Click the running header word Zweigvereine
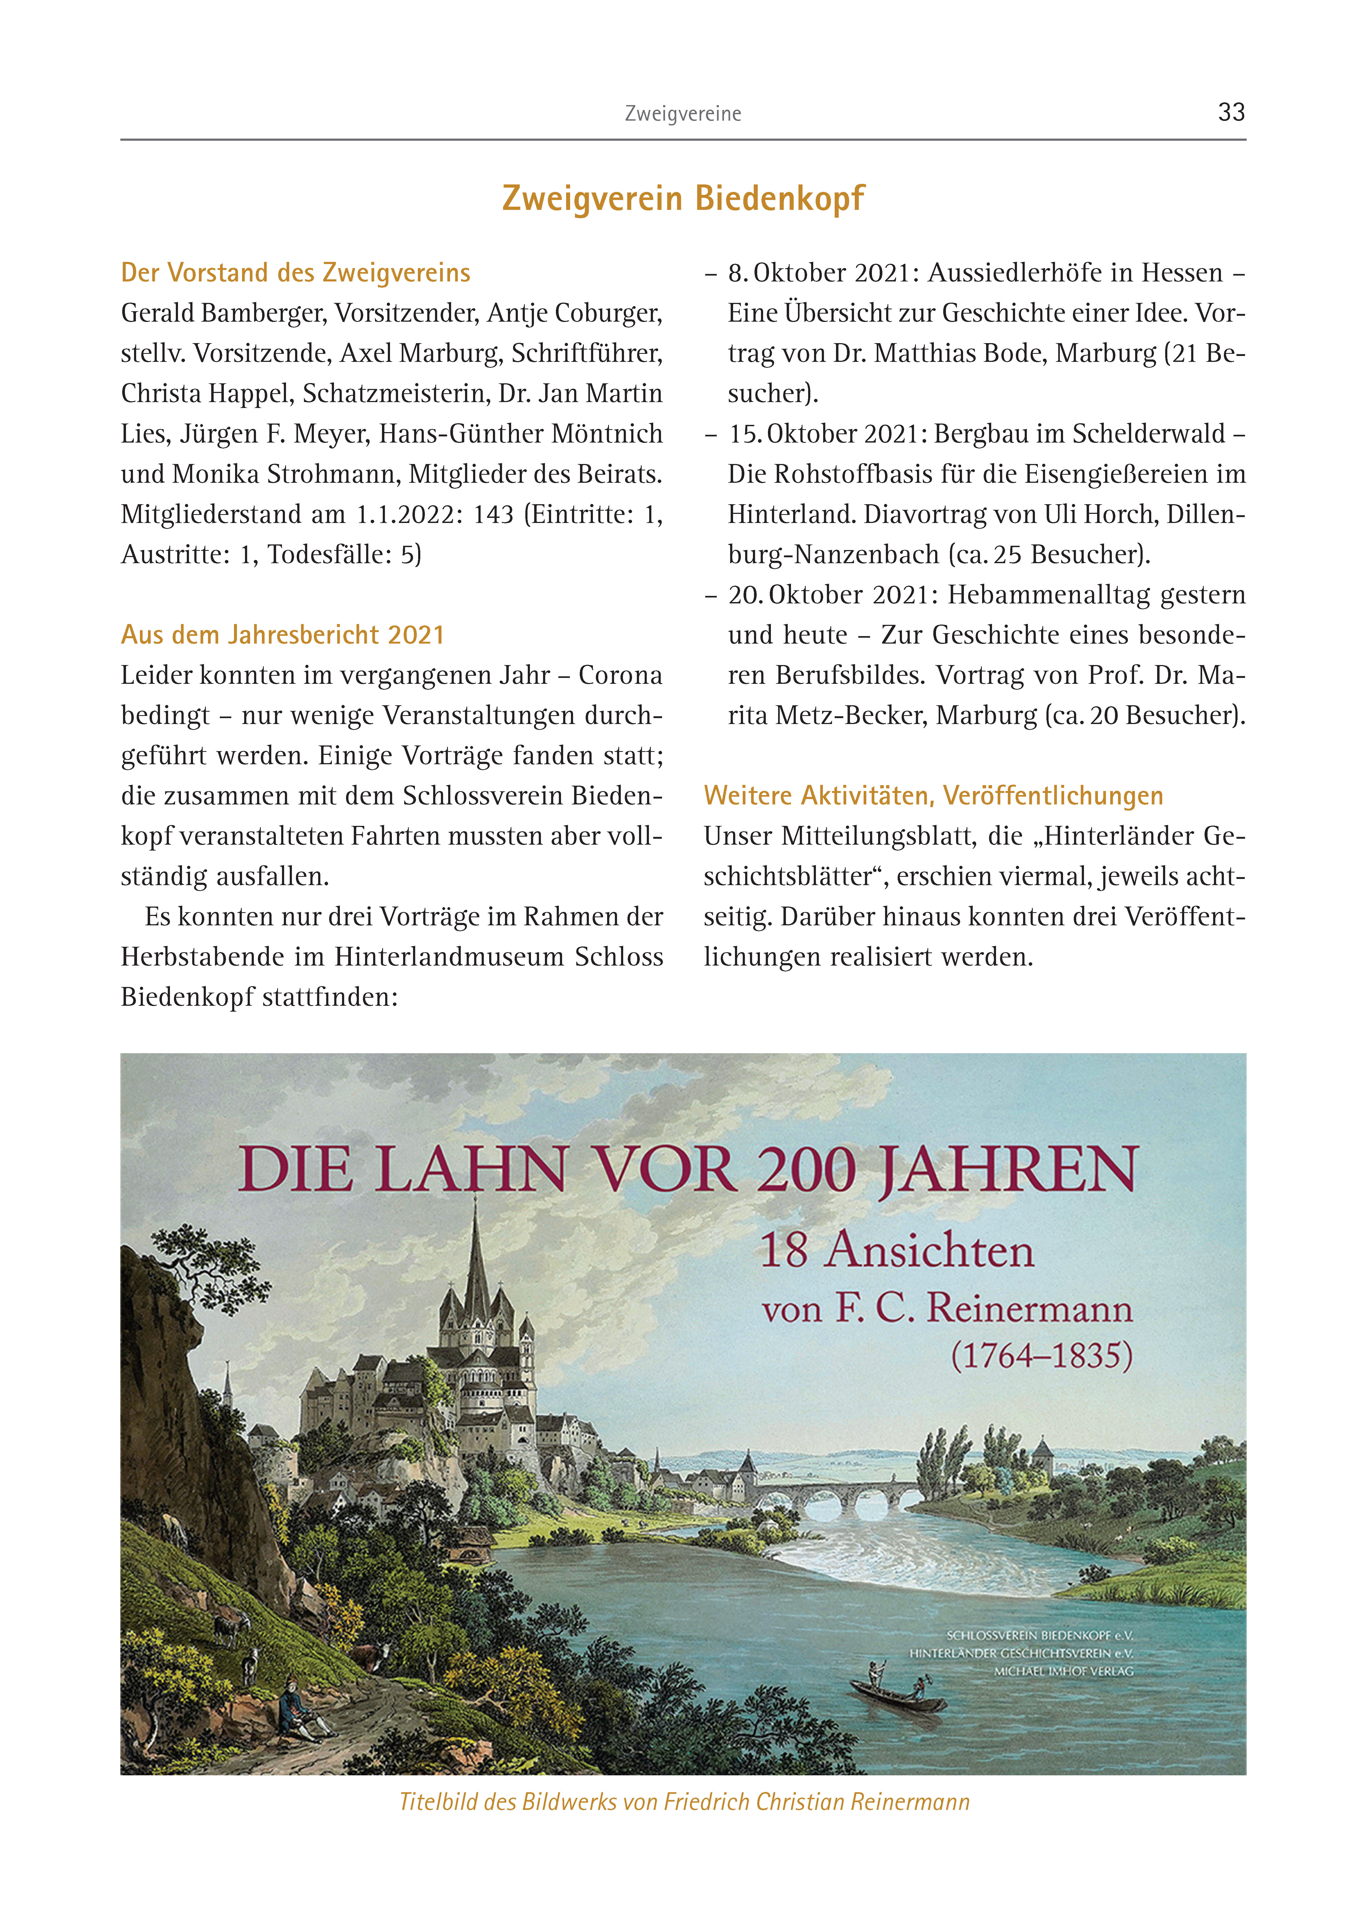tap(683, 114)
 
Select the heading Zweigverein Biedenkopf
tap(683, 199)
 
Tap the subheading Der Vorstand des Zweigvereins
tap(295, 273)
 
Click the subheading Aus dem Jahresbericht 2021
tap(282, 635)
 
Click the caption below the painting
tap(684, 1802)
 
